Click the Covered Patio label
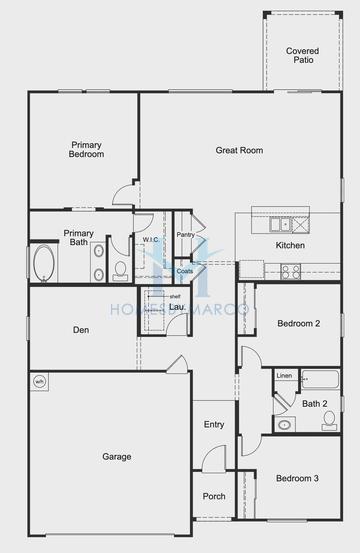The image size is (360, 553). pos(303,55)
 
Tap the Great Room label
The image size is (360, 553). pos(239,150)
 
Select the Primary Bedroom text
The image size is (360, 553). pos(86,149)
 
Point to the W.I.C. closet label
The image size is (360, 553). pos(151,240)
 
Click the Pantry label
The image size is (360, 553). pos(185,235)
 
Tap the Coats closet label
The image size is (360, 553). pos(185,271)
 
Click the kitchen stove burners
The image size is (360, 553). pos(291,269)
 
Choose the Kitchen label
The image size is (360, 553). pos(290,246)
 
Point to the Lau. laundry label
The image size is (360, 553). pos(176,307)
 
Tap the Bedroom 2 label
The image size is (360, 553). pos(298,324)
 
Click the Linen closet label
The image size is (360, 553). pos(285,376)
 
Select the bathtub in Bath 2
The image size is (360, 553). pos(320,380)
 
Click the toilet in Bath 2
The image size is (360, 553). pos(329,420)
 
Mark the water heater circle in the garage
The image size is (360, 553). pos(40,381)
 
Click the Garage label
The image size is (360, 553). pos(116,457)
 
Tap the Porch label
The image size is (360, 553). pos(214,496)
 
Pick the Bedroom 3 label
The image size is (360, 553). pos(297,479)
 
